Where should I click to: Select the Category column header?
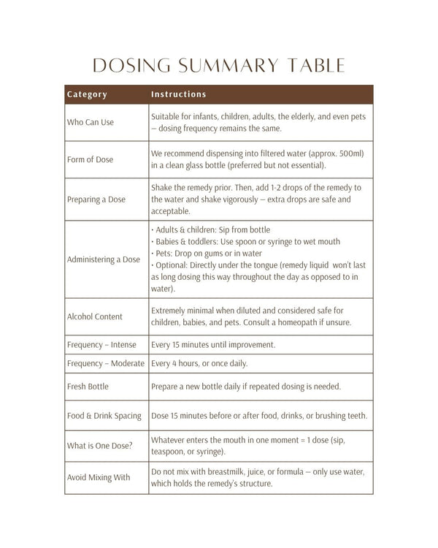tap(87, 94)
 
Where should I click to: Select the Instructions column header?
tap(178, 94)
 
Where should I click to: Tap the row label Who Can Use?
tap(90, 122)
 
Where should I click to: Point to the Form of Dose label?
tap(90, 159)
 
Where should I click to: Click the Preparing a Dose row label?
tap(96, 199)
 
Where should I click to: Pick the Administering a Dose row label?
tap(103, 259)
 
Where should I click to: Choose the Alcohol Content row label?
tap(94, 316)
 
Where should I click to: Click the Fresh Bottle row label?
tap(88, 387)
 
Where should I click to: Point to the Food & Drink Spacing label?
tap(104, 416)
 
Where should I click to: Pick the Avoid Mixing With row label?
tap(98, 477)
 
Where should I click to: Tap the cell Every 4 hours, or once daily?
tap(199, 363)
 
